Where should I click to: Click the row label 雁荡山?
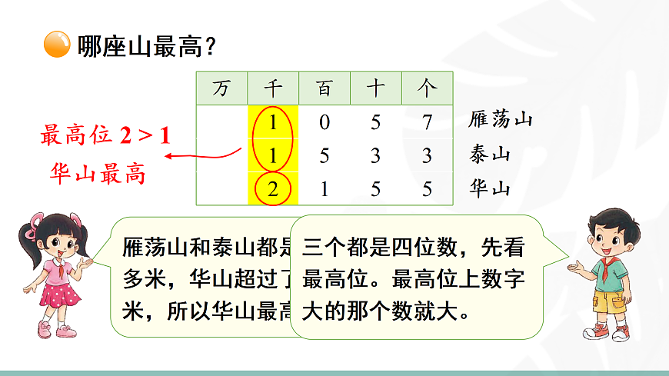500,120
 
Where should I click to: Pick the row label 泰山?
489,155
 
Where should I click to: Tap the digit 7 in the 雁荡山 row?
427,121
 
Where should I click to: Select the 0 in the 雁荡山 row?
324,121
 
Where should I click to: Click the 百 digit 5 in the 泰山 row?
324,155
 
